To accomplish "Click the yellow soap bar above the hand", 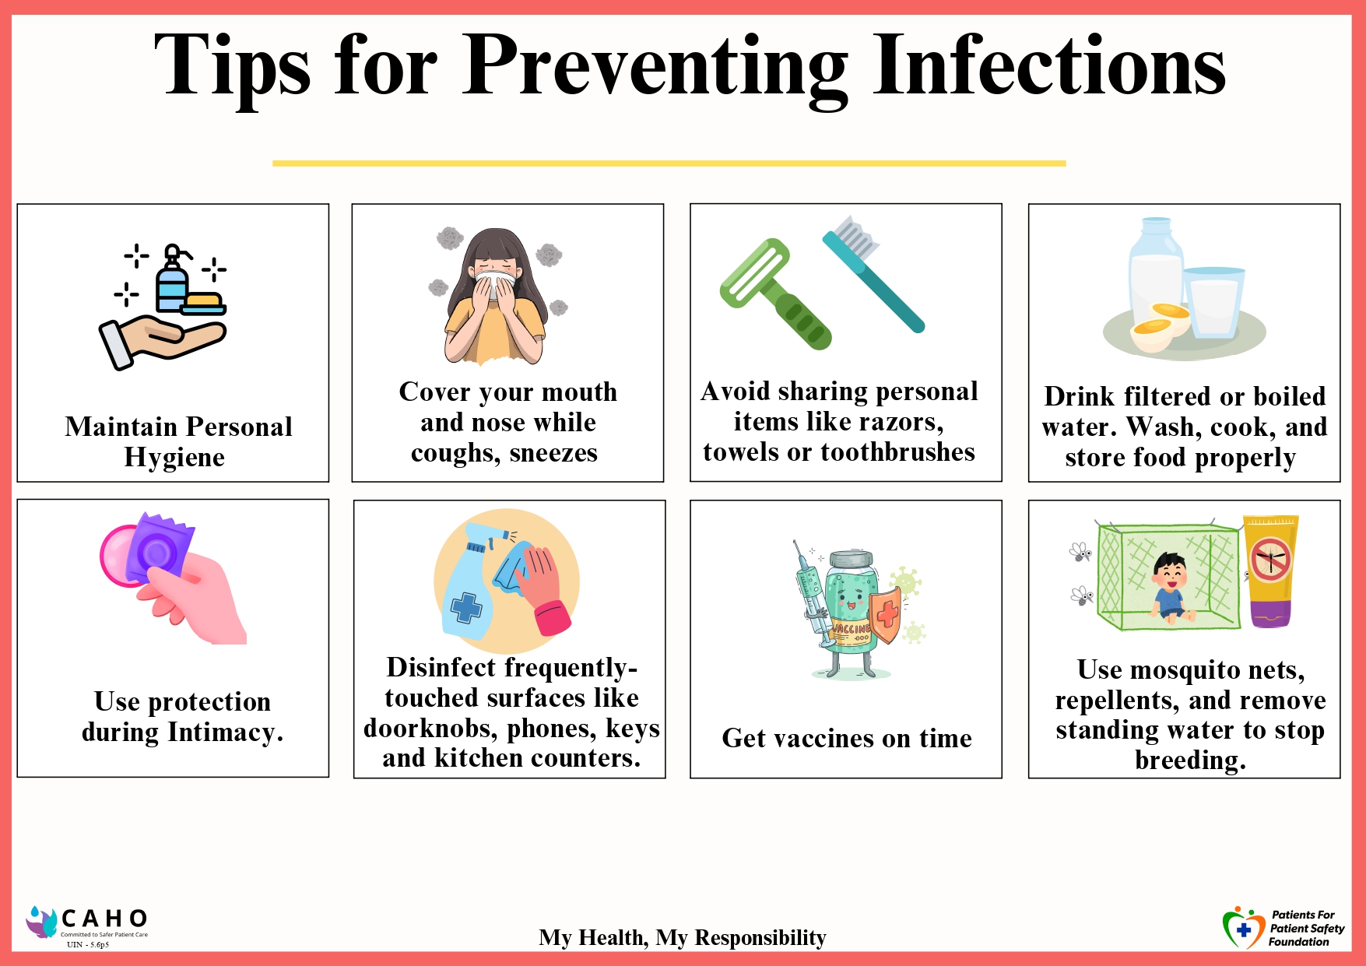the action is [x=203, y=303].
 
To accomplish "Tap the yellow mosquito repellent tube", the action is [x=1270, y=571].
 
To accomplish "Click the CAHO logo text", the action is [x=104, y=919].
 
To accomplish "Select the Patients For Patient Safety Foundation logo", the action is [x=1283, y=928].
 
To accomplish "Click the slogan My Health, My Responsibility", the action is [x=683, y=938].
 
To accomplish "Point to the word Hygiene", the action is [x=174, y=458].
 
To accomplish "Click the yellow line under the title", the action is [x=669, y=163].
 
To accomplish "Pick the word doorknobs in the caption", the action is [x=431, y=729].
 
